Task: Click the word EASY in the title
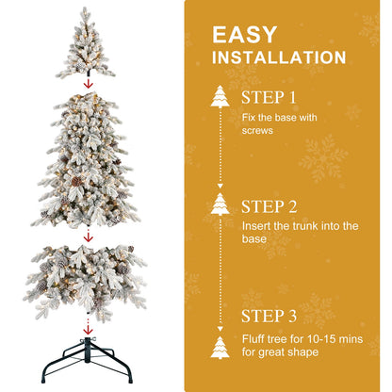245,35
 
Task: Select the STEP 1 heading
269,98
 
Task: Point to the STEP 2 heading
269,206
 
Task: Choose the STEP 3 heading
269,318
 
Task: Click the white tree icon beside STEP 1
221,97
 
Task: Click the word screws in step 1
257,131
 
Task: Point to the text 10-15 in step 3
310,337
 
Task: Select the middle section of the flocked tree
87,160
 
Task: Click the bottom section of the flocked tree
87,276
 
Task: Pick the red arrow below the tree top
88,83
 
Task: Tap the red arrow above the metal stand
88,329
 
